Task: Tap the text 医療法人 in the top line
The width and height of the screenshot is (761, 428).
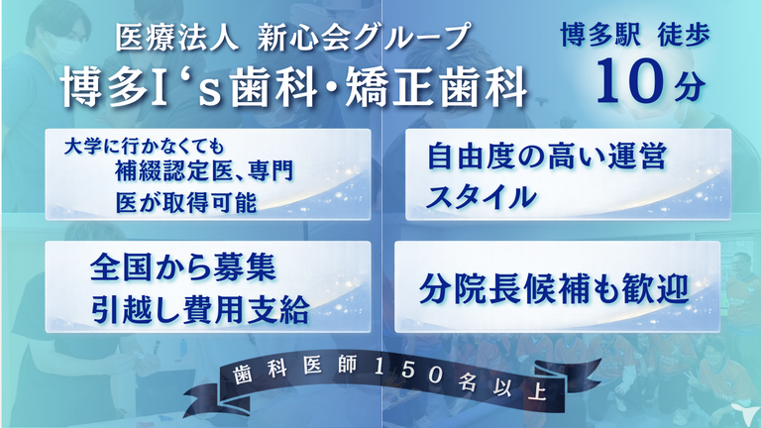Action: point(177,38)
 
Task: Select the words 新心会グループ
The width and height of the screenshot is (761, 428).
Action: point(363,38)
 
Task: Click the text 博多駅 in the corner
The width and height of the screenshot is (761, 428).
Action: point(600,35)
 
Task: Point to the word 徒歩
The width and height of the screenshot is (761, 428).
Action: point(684,35)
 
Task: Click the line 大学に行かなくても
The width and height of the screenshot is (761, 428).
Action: point(144,147)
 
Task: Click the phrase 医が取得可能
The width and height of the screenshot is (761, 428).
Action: point(186,201)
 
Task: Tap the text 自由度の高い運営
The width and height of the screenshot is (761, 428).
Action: point(547,157)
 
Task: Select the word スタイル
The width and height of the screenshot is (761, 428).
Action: point(481,196)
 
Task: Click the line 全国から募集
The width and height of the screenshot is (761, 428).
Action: point(182,267)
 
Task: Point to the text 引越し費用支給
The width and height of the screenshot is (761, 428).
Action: point(199,309)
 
